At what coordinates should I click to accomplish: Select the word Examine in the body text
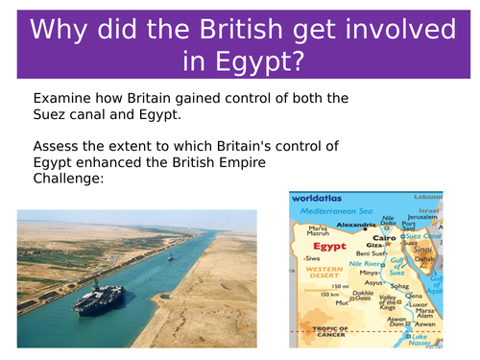66,99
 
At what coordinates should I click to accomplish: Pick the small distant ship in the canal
170,257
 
